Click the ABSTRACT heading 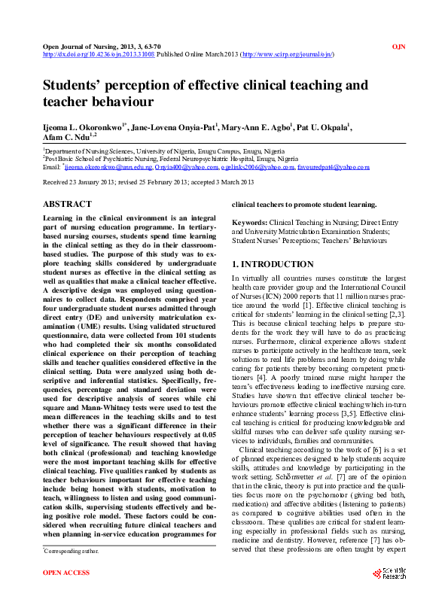pyautogui.click(x=67, y=204)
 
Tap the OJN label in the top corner pyautogui.click(x=399, y=47)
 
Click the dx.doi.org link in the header pyautogui.click(x=99, y=55)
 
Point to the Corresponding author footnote pyautogui.click(x=72, y=573)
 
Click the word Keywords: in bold pyautogui.click(x=249, y=223)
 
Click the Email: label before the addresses pyautogui.click(x=52, y=167)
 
